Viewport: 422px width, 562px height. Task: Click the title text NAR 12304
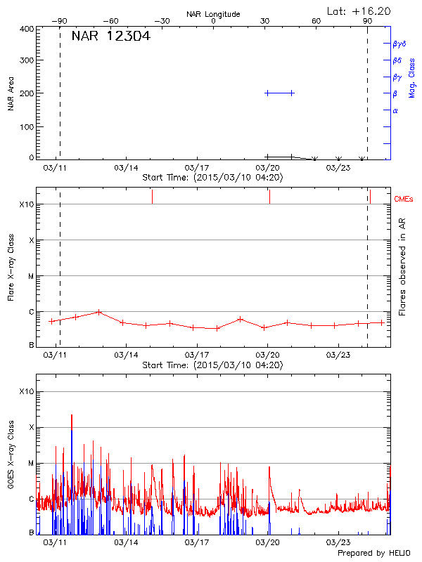click(110, 37)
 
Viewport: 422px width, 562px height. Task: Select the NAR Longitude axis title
click(213, 14)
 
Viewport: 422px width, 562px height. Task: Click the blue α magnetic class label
click(395, 110)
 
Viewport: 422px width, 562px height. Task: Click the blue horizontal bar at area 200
click(279, 93)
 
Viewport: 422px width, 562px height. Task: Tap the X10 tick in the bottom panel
click(25, 391)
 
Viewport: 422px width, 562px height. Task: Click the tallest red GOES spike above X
click(71, 417)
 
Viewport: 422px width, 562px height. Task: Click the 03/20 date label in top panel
click(267, 169)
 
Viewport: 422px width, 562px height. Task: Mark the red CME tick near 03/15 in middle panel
click(152, 197)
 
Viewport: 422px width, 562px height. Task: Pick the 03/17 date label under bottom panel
click(197, 543)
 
